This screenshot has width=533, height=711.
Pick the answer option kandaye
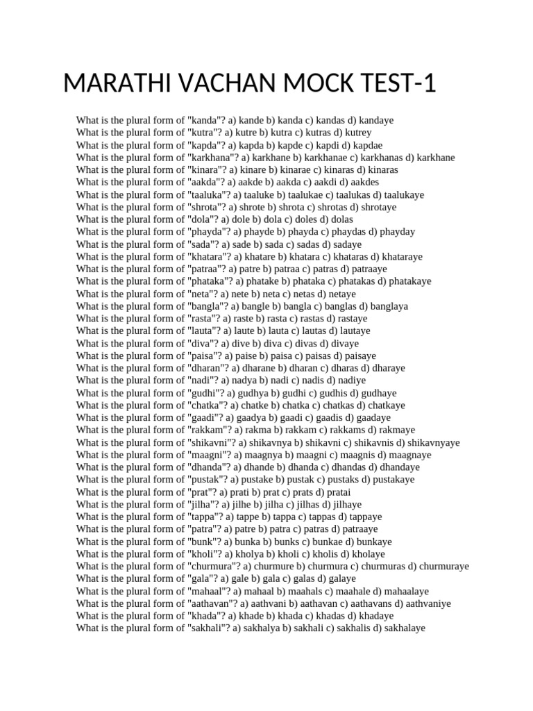(x=375, y=120)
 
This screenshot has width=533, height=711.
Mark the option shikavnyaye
(x=434, y=442)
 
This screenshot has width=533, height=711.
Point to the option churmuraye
(x=443, y=567)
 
